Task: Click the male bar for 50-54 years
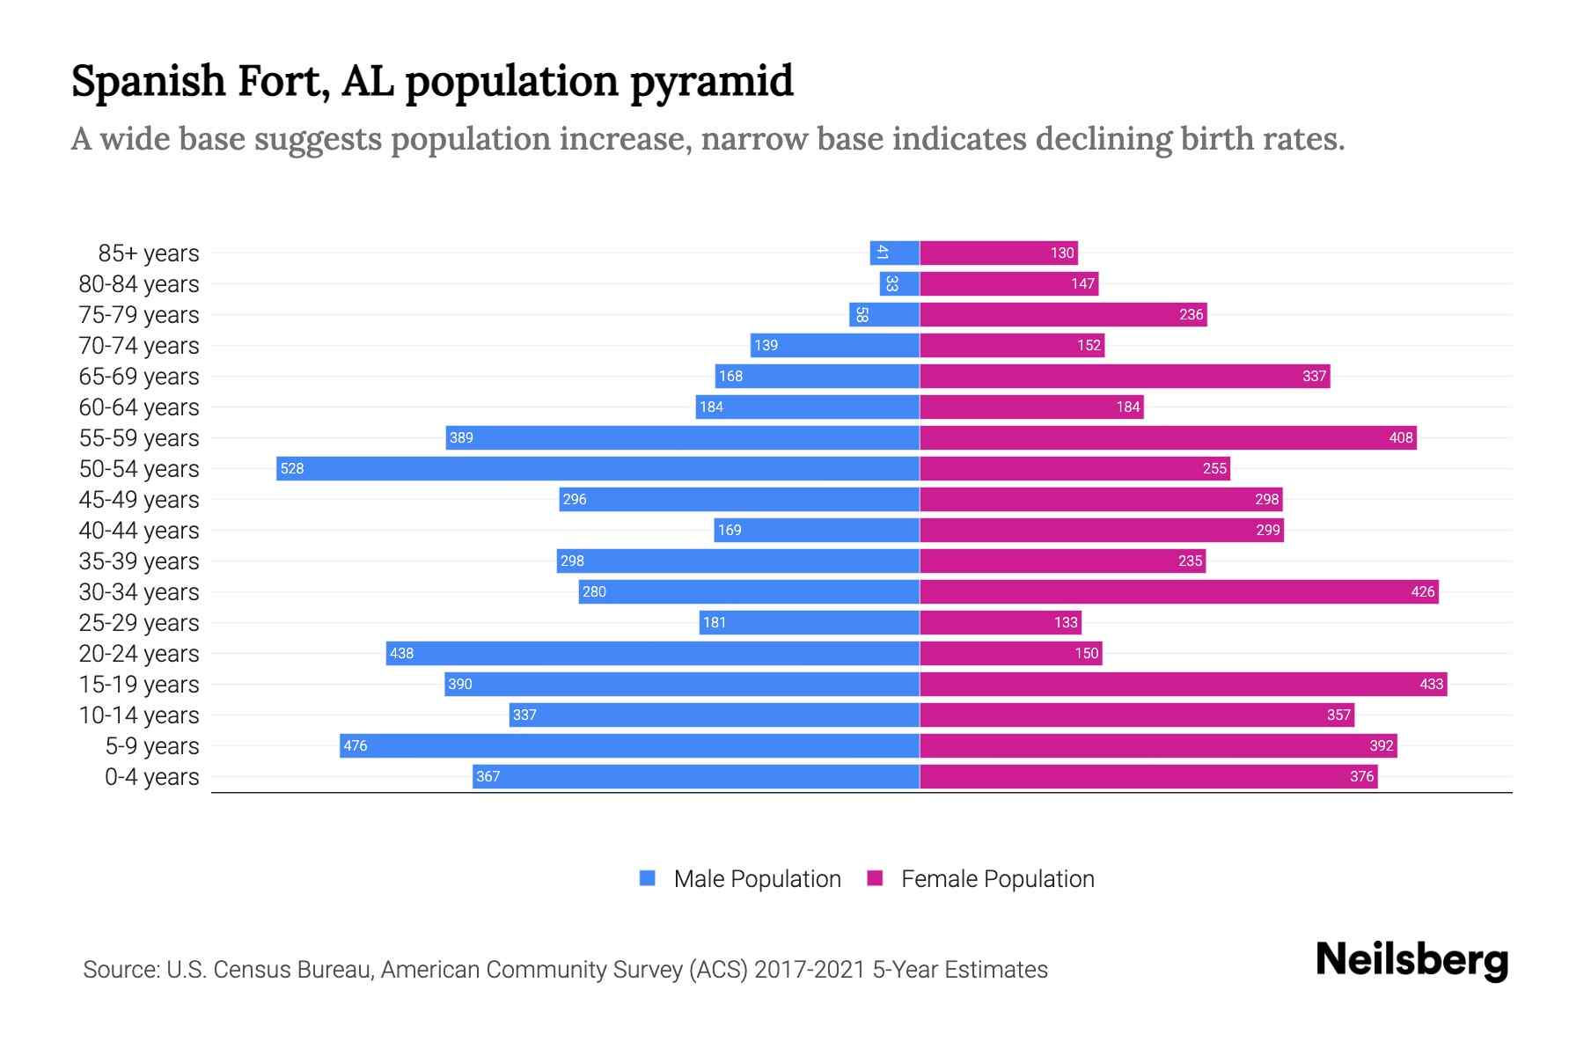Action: pyautogui.click(x=598, y=468)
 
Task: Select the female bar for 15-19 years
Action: pyautogui.click(x=1183, y=684)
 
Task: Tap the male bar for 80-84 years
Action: pyautogui.click(x=899, y=283)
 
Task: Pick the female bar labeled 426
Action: pyautogui.click(x=1179, y=591)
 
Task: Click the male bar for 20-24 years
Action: pyautogui.click(x=653, y=653)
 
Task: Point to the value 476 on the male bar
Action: pyautogui.click(x=356, y=745)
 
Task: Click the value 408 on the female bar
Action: pyautogui.click(x=1400, y=437)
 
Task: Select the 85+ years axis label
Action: pyautogui.click(x=149, y=253)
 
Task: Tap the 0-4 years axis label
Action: pyautogui.click(x=151, y=777)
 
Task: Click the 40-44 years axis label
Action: pyautogui.click(x=139, y=531)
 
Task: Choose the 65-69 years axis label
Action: pyautogui.click(x=139, y=377)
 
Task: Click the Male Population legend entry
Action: pyautogui.click(x=740, y=878)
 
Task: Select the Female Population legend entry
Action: pyautogui.click(x=980, y=878)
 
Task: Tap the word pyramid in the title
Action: pyautogui.click(x=712, y=83)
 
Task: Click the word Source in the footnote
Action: pyautogui.click(x=120, y=970)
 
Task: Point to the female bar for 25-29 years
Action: pyautogui.click(x=1001, y=622)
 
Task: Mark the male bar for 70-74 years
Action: pyautogui.click(x=835, y=345)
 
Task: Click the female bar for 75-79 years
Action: pyautogui.click(x=1063, y=314)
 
